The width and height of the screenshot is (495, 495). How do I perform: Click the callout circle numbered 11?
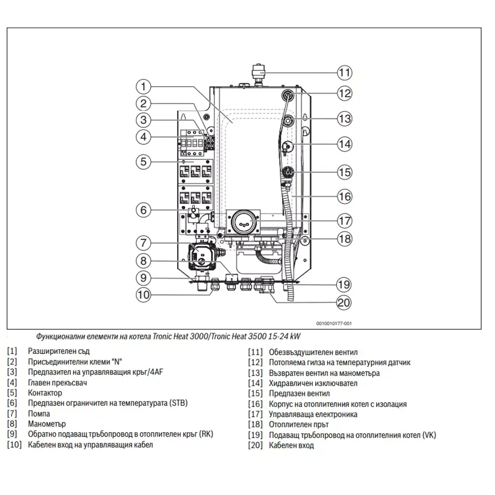click(345, 73)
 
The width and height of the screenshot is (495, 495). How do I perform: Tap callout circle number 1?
click(144, 87)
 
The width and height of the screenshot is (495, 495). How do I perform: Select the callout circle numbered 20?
click(344, 303)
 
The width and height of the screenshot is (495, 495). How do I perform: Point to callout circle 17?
click(345, 221)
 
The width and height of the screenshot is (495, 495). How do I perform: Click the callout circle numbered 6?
click(144, 210)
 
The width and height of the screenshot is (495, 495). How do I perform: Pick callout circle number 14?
click(345, 144)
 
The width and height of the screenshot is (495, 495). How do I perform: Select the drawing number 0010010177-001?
click(334, 324)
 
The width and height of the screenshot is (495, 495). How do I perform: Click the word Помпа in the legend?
click(39, 413)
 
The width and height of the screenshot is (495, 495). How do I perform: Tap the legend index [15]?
click(255, 394)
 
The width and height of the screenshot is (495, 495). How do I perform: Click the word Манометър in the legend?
click(47, 424)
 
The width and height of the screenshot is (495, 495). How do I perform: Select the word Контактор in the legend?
click(45, 393)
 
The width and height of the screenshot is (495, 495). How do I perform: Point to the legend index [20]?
click(255, 445)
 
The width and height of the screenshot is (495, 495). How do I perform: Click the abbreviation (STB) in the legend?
click(178, 403)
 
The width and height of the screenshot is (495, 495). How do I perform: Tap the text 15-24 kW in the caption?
click(285, 336)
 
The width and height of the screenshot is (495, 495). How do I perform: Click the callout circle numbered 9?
click(144, 278)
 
